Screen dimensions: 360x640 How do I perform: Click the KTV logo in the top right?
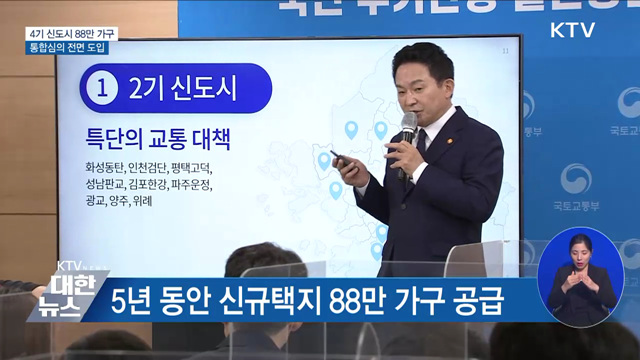(x=572, y=30)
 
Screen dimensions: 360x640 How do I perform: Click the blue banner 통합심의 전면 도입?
(x=69, y=47)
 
